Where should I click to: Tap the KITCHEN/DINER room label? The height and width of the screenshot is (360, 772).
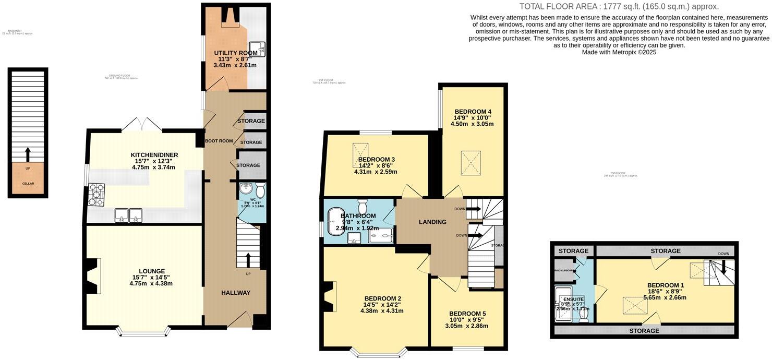154,155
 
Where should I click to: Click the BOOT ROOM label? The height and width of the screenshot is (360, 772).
219,141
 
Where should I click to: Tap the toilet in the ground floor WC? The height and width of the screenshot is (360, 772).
260,189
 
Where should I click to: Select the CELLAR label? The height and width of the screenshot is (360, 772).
28,184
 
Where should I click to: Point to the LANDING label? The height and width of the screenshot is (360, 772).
432,222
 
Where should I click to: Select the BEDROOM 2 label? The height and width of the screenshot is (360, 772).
382,298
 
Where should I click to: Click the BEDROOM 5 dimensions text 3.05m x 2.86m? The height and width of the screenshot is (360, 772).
466,326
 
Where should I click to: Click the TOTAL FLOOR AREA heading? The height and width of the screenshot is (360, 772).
619,6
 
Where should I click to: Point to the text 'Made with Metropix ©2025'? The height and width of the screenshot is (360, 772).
619,52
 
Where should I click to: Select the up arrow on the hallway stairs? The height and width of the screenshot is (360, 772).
247,259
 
